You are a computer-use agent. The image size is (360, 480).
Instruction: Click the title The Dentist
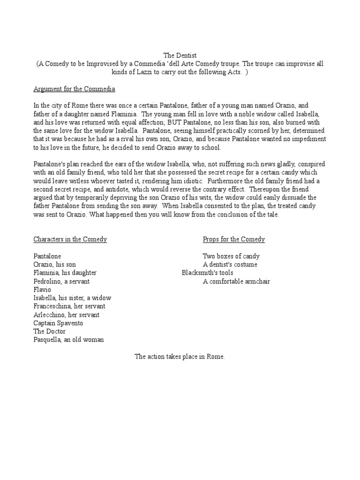(x=180, y=55)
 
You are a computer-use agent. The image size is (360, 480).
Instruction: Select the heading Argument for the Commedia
(x=74, y=89)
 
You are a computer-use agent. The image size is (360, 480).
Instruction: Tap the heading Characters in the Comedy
(x=70, y=239)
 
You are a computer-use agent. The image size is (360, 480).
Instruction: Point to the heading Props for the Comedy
(x=233, y=239)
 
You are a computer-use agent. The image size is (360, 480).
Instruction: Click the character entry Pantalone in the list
(x=47, y=256)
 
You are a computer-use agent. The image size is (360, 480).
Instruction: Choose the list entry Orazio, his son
(x=54, y=265)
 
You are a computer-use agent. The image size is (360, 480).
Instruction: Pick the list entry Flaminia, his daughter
(x=65, y=273)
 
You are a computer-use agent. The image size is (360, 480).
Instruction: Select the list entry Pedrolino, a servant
(x=61, y=281)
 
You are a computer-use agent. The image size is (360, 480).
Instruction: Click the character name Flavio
(x=42, y=290)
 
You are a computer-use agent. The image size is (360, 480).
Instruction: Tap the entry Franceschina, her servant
(x=69, y=307)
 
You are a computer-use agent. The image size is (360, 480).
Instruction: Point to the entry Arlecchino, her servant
(x=66, y=315)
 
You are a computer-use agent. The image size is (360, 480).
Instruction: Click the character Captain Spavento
(x=58, y=323)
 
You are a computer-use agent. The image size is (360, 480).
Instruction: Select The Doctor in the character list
(x=50, y=331)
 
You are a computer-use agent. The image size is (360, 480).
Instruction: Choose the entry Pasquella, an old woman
(x=68, y=340)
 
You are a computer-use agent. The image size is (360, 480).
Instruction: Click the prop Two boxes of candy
(x=231, y=256)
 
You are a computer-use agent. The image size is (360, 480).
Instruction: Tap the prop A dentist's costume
(x=230, y=265)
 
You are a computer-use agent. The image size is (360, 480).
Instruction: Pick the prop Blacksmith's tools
(x=207, y=273)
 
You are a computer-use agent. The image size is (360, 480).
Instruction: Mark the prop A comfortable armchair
(x=236, y=281)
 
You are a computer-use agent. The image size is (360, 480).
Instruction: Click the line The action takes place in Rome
(x=180, y=357)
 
